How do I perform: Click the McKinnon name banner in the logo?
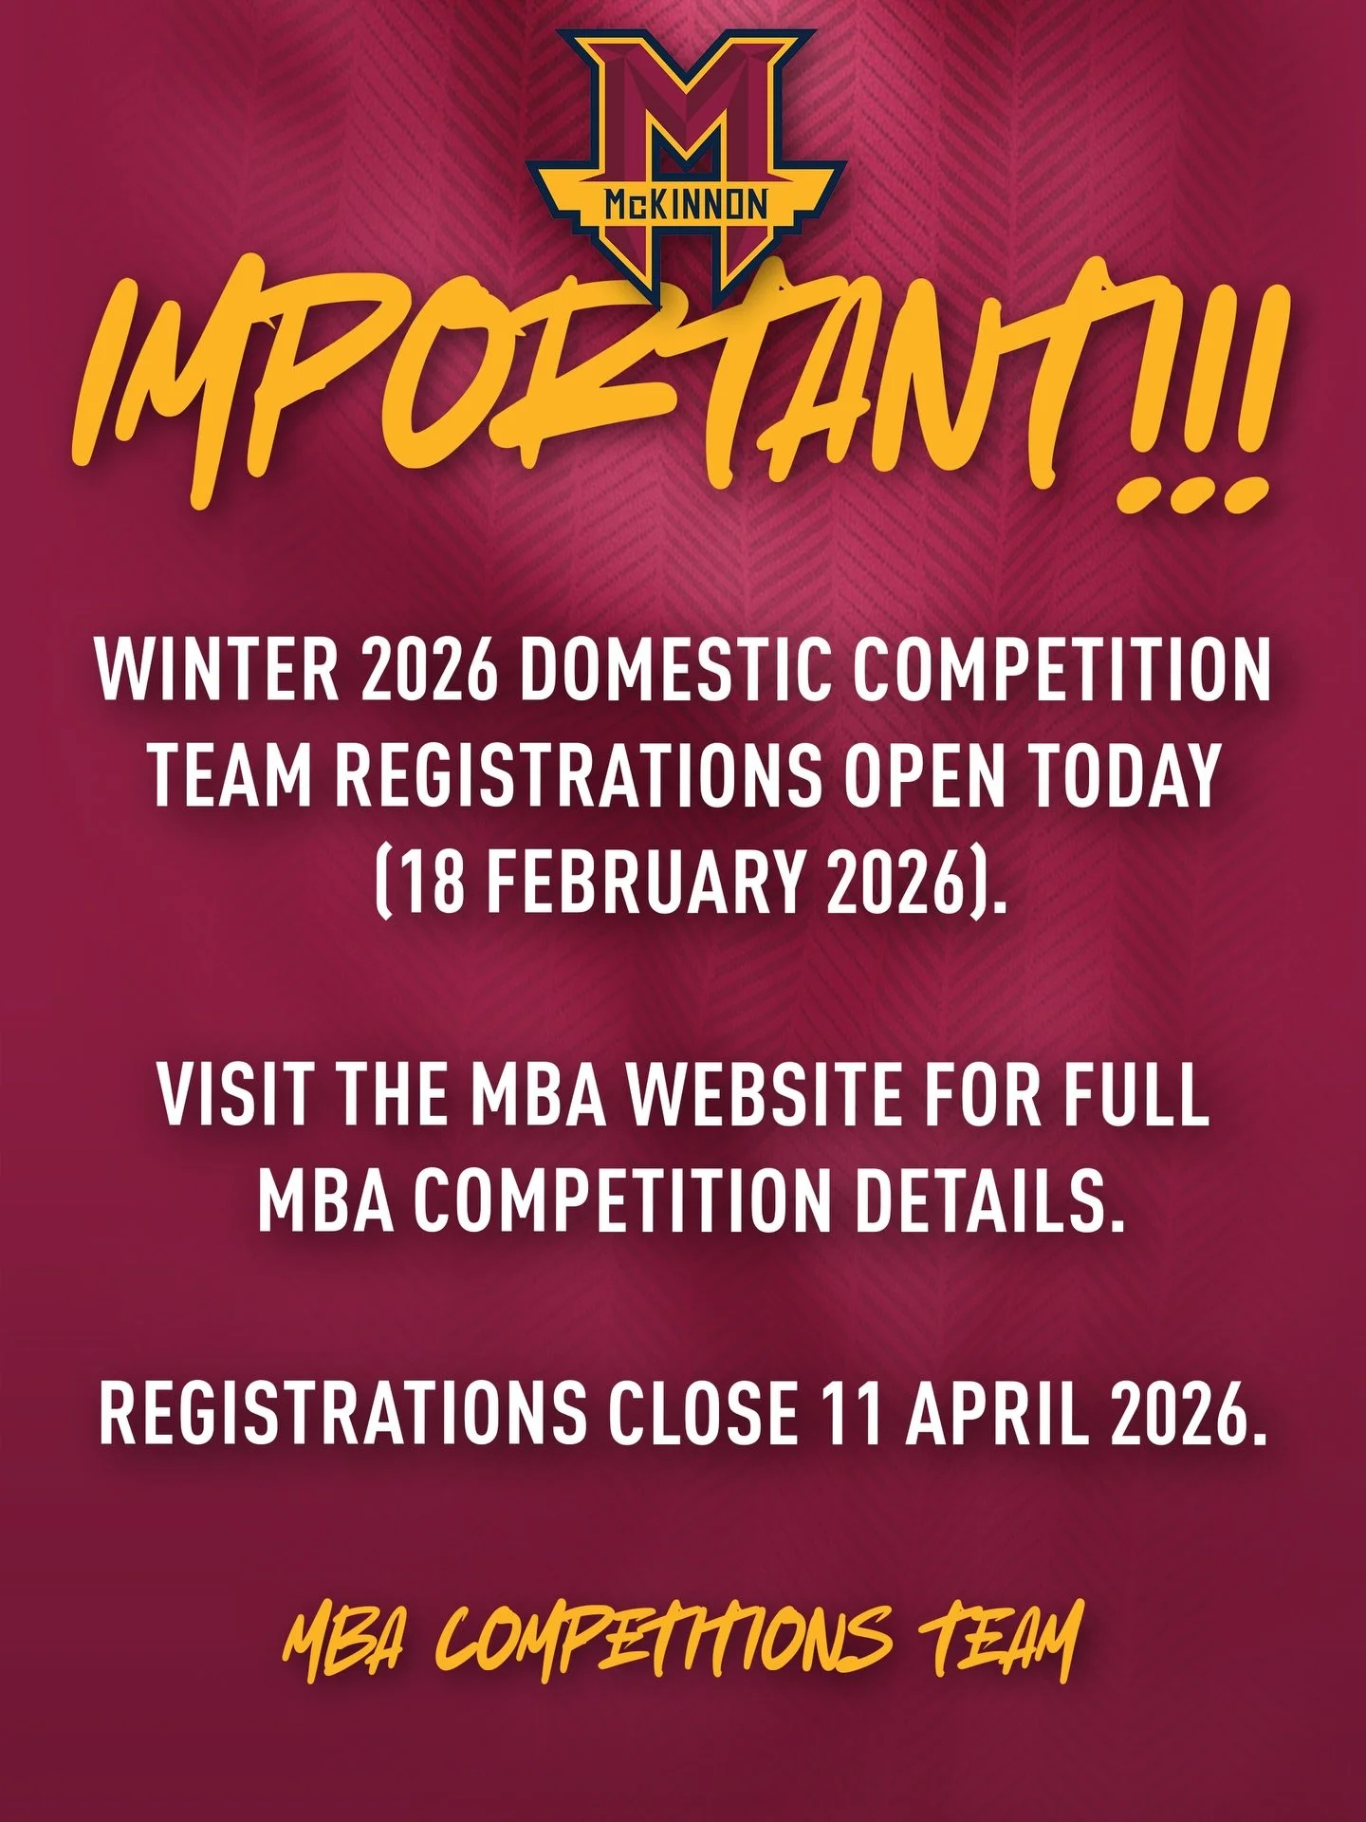click(685, 203)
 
